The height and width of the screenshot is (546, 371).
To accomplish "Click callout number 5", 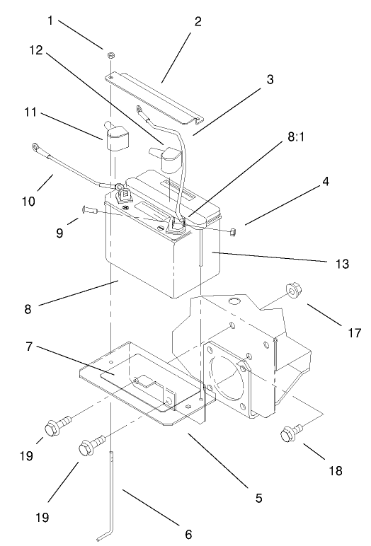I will click(258, 498).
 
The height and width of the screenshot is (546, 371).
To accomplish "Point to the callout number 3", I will click(270, 79).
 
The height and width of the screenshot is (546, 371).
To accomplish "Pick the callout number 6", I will click(188, 534).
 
